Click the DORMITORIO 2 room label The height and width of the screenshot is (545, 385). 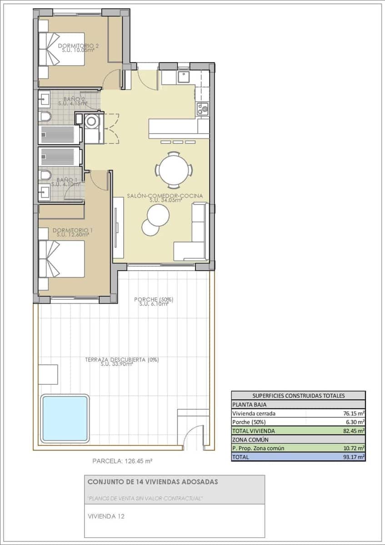[x=79, y=46]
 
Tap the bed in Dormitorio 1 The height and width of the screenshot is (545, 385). [x=61, y=259]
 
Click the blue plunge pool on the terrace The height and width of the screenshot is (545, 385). [x=64, y=418]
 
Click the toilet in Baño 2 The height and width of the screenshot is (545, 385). [x=45, y=117]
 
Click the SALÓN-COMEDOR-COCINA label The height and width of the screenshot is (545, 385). [x=165, y=196]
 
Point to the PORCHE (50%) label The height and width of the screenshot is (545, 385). [x=154, y=300]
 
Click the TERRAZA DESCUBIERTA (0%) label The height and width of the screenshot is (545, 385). [x=121, y=360]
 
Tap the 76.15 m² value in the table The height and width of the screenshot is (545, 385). [x=355, y=413]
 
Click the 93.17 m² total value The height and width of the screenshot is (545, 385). [x=355, y=457]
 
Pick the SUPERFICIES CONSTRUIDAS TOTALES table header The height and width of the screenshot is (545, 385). [x=298, y=396]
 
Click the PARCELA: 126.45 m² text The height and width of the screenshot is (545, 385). [x=122, y=461]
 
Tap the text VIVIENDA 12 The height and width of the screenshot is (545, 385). [x=106, y=516]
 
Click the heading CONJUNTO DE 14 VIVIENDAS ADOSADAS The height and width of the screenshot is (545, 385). [x=152, y=482]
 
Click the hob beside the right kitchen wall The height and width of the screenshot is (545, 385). [x=202, y=108]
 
